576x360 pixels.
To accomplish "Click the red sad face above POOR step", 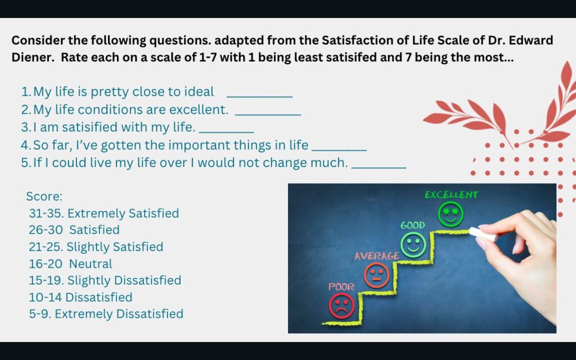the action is [341, 305].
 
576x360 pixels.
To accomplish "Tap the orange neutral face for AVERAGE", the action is [376, 275].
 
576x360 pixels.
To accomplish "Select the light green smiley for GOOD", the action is [413, 245].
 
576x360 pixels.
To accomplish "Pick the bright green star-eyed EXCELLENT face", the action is [451, 214].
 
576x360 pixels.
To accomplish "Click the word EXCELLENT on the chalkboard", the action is [452, 195].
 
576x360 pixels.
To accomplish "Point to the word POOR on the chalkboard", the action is [341, 286].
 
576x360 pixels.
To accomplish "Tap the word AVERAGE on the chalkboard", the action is [377, 256].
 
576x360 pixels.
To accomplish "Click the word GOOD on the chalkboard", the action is [412, 225].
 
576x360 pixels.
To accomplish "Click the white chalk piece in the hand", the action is [483, 234].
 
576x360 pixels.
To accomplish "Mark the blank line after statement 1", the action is [260, 97].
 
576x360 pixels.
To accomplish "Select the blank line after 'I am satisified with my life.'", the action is [226, 132].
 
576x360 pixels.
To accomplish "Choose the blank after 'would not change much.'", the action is [379, 168].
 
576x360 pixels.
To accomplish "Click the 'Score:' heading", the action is [44, 196].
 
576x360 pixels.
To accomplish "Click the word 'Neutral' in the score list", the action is [91, 264].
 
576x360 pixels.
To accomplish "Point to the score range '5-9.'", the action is [40, 314].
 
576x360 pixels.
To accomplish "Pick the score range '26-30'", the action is [46, 230].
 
